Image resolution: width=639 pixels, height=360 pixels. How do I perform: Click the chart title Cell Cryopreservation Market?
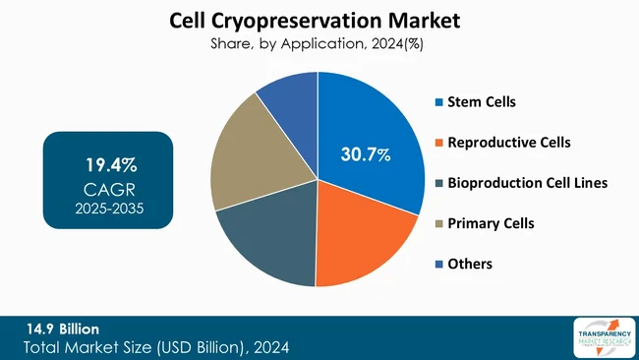tap(319, 20)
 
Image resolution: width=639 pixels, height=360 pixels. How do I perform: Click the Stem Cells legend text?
tap(482, 101)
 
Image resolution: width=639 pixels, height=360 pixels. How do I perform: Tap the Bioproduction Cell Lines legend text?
tap(527, 183)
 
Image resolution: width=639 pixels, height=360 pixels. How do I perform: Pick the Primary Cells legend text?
tap(491, 223)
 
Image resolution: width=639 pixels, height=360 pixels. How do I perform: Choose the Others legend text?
tap(470, 264)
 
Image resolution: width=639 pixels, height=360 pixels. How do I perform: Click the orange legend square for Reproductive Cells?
tap(438, 143)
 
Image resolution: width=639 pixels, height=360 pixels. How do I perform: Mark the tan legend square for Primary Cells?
tap(438, 223)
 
